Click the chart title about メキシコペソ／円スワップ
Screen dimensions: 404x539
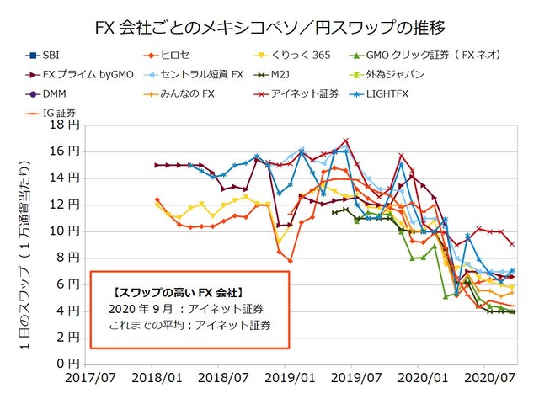269,27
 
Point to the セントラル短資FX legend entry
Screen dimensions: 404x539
214,75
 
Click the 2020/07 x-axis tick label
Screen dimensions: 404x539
488,380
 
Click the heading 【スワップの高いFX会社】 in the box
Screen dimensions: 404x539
177,292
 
